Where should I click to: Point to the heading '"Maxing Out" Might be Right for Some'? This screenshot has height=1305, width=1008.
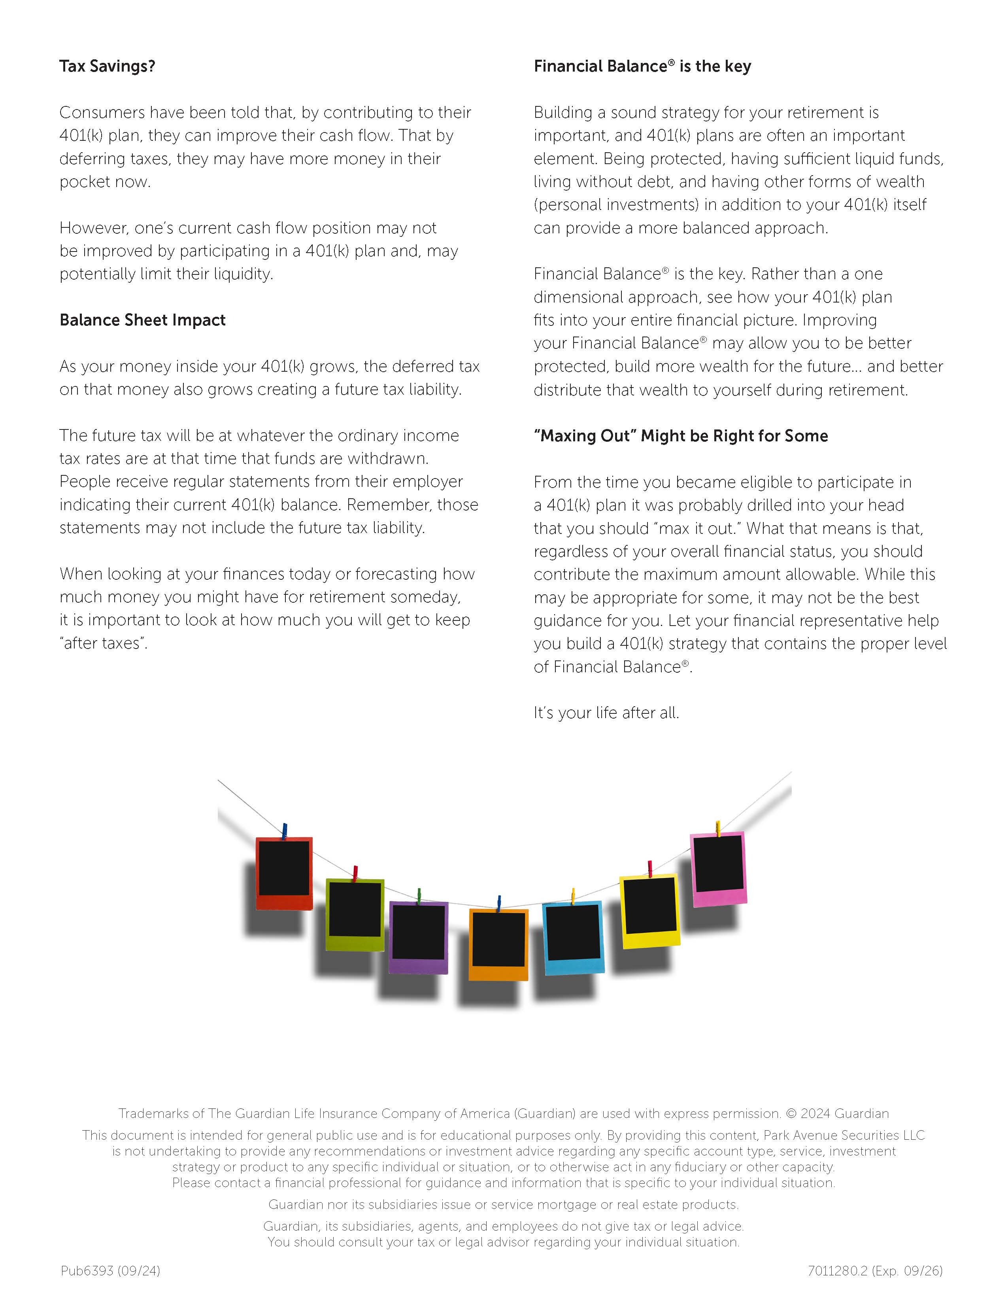(x=681, y=436)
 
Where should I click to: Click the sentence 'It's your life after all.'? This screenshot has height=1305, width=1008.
(x=606, y=713)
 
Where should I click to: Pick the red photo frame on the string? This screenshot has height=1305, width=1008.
(x=284, y=873)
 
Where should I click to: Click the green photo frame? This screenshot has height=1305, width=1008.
(x=355, y=914)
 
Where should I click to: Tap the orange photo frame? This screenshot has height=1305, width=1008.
(x=498, y=944)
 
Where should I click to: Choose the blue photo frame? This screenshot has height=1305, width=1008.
(x=573, y=936)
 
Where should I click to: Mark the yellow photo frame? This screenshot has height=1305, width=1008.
(x=649, y=910)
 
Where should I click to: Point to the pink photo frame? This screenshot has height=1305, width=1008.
(x=718, y=869)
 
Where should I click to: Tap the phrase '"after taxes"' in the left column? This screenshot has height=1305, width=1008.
(x=103, y=643)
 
